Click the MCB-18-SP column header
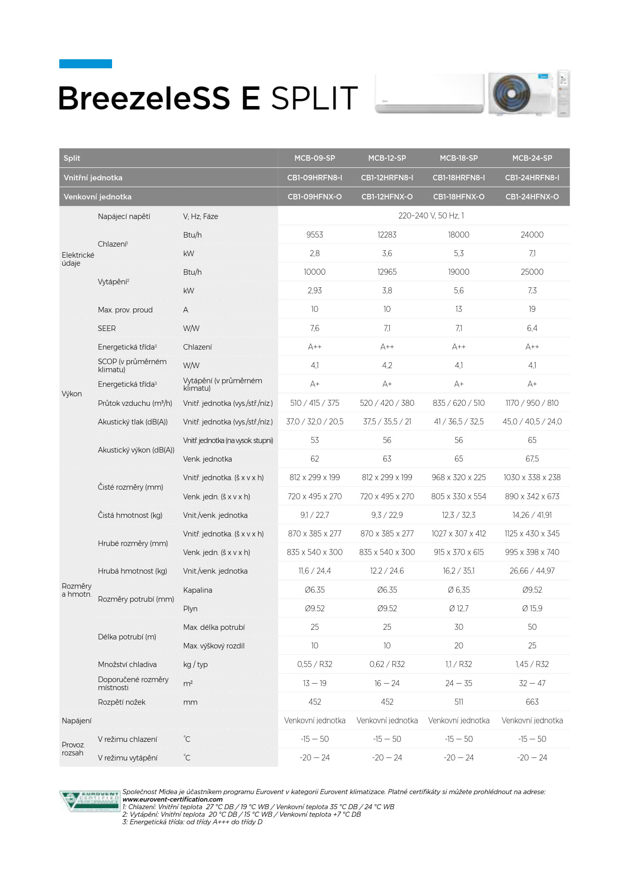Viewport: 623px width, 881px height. click(x=458, y=158)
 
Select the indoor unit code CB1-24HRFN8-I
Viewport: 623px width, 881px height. click(x=532, y=177)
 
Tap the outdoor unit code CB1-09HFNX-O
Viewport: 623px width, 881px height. click(x=315, y=196)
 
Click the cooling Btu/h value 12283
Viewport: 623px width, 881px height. click(x=387, y=235)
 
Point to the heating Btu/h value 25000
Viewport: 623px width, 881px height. click(x=532, y=272)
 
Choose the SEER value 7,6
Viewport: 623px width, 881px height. click(x=315, y=328)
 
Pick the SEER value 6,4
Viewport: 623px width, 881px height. click(x=532, y=328)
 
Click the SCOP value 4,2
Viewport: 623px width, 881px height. click(x=387, y=365)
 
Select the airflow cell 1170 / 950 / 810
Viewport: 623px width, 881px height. click(x=532, y=403)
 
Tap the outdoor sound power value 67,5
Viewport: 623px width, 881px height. click(x=532, y=459)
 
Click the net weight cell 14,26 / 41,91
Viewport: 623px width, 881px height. click(x=532, y=515)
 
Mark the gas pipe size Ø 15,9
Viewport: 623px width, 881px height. click(x=532, y=608)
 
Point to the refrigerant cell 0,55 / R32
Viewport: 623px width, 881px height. click(x=315, y=664)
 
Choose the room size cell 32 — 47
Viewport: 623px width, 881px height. click(x=532, y=683)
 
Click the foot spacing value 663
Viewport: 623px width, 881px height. click(x=532, y=702)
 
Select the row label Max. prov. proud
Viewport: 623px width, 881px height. click(x=125, y=310)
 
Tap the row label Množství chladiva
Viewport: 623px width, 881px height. click(x=127, y=665)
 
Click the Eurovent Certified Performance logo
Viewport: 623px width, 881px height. click(x=89, y=801)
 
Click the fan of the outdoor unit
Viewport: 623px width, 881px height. click(x=511, y=93)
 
